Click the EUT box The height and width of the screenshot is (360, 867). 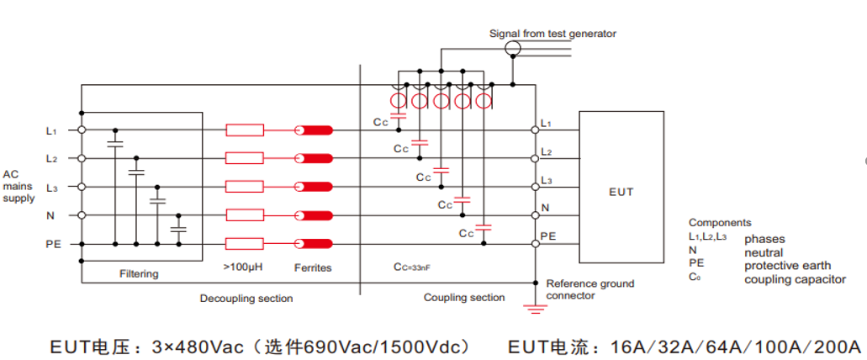tap(621, 187)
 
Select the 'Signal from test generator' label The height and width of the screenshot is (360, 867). tap(552, 34)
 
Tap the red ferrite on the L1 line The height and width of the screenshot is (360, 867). tap(314, 130)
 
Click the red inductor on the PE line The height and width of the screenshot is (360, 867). tap(245, 244)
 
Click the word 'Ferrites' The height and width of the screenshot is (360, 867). tap(313, 268)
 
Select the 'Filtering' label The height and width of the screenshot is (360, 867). tap(139, 274)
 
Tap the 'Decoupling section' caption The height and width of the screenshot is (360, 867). tap(246, 299)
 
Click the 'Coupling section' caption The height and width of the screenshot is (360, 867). tap(464, 298)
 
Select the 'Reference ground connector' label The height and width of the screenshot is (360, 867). tap(589, 289)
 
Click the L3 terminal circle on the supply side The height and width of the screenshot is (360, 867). tap(82, 187)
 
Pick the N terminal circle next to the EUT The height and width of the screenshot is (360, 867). tap(535, 215)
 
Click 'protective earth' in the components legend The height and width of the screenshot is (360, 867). tap(787, 266)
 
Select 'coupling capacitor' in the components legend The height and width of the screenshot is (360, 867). tap(794, 279)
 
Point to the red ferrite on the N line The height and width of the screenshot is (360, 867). tap(314, 215)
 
